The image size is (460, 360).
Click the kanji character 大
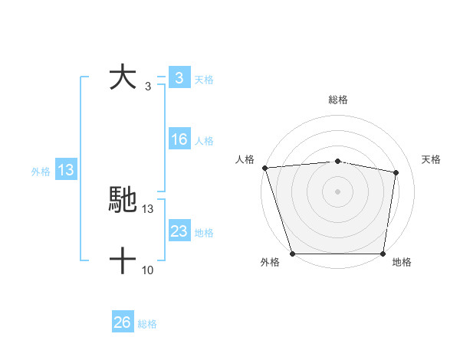point(123,78)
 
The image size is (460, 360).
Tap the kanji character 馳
point(123,199)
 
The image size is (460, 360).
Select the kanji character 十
point(123,262)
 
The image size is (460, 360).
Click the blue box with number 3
point(179,78)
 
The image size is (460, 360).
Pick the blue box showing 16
point(179,139)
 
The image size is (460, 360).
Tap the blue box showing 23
point(179,231)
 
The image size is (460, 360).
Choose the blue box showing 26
point(122,322)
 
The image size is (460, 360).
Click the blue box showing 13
point(66,170)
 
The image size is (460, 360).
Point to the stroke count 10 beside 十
point(148,270)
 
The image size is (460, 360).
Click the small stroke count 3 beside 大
point(147,86)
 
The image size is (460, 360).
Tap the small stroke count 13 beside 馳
point(148,208)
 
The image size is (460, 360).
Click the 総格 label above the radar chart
point(337,100)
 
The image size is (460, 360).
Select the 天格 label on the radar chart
point(432,159)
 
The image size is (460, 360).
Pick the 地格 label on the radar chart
point(402,263)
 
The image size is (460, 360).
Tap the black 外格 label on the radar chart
point(270,263)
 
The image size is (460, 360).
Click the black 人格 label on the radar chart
point(244,159)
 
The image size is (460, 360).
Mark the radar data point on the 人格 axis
point(264,168)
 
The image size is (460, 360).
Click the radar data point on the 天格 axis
point(396,172)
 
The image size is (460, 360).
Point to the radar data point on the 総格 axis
point(337,161)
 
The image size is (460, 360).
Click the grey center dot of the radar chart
point(337,191)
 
